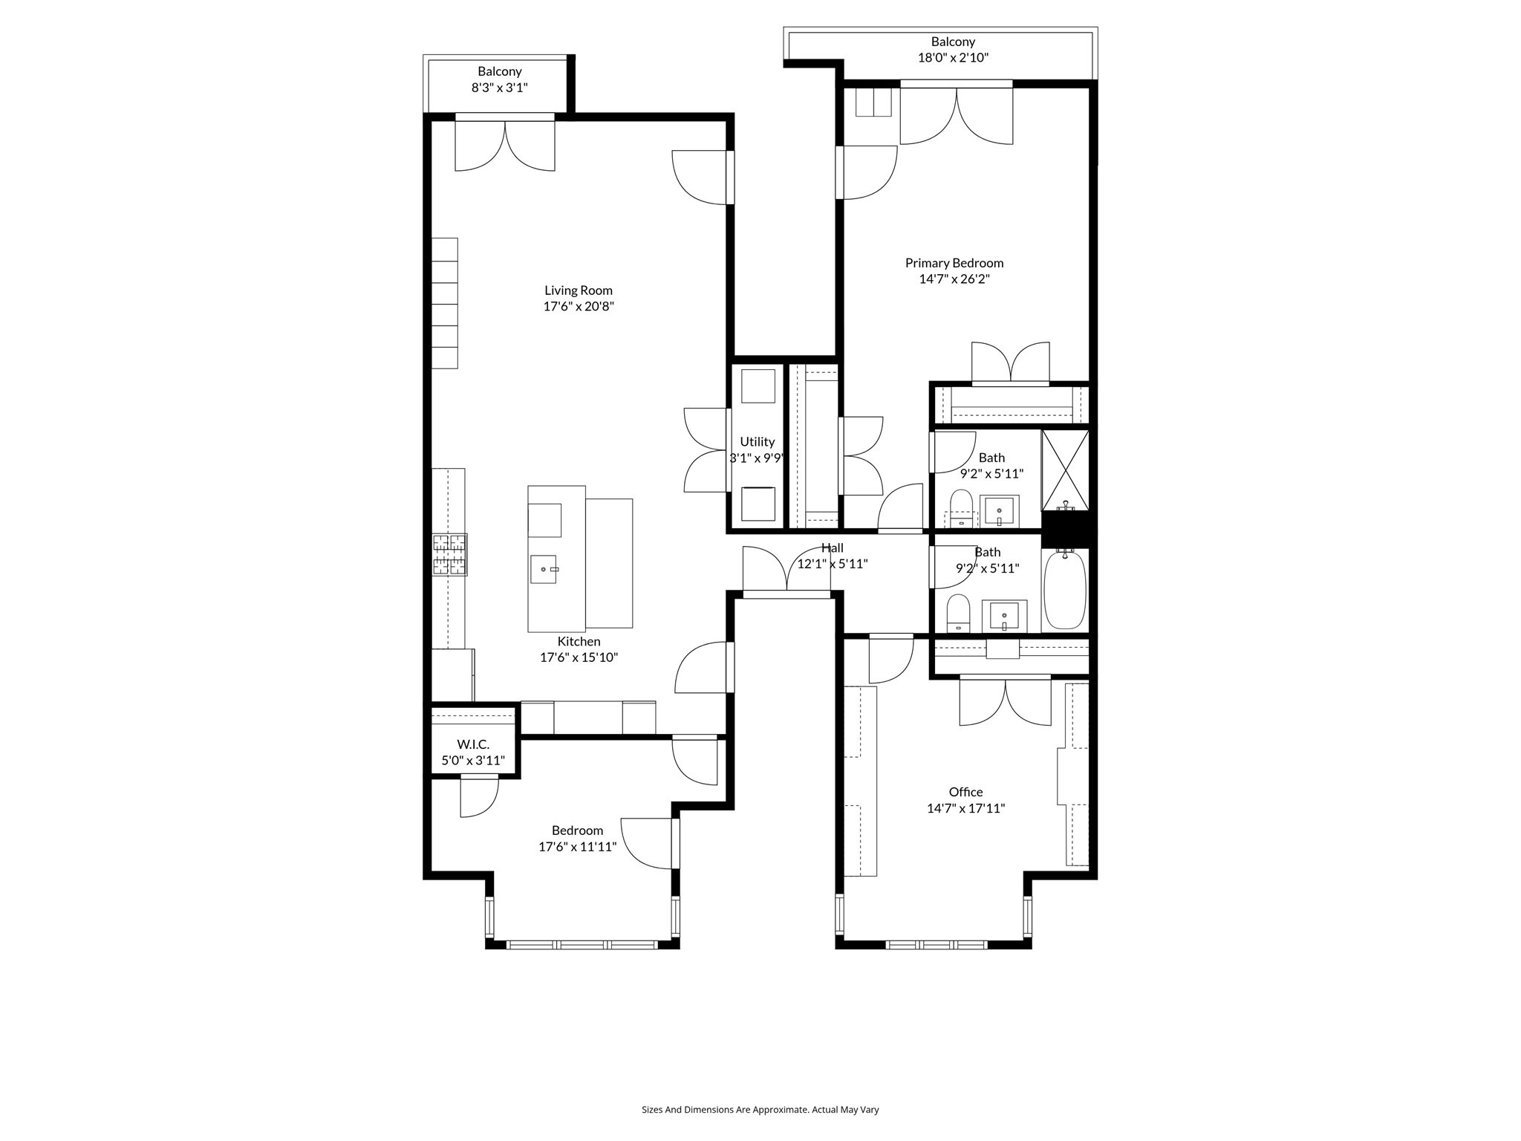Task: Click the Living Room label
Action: tap(578, 290)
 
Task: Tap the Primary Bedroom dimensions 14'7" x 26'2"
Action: tap(954, 279)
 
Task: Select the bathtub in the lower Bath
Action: tap(1065, 591)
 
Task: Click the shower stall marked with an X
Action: tap(1065, 469)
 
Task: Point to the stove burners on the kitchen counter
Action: tap(450, 555)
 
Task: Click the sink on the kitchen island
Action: tap(543, 569)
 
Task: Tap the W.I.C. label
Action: tap(473, 744)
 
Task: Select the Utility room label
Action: tap(757, 442)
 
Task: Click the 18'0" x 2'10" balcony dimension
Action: tap(953, 58)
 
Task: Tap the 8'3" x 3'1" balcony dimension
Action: tap(499, 88)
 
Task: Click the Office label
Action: tap(965, 792)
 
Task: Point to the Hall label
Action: tap(832, 548)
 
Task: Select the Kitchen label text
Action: tap(579, 641)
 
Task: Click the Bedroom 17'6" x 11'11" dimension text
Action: tap(578, 846)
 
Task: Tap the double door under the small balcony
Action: tap(505, 145)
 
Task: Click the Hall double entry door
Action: tap(786, 572)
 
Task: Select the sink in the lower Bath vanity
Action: tap(1004, 616)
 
